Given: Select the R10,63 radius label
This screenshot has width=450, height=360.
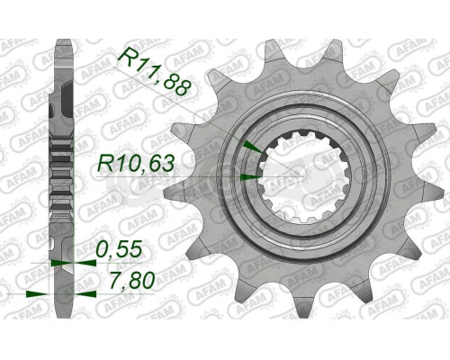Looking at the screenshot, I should click(135, 162).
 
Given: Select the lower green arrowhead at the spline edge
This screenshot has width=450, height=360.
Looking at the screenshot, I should click(250, 176).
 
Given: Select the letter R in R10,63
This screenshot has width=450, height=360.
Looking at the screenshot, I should click(105, 162).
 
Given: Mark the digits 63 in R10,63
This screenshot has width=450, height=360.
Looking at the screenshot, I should click(161, 162).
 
